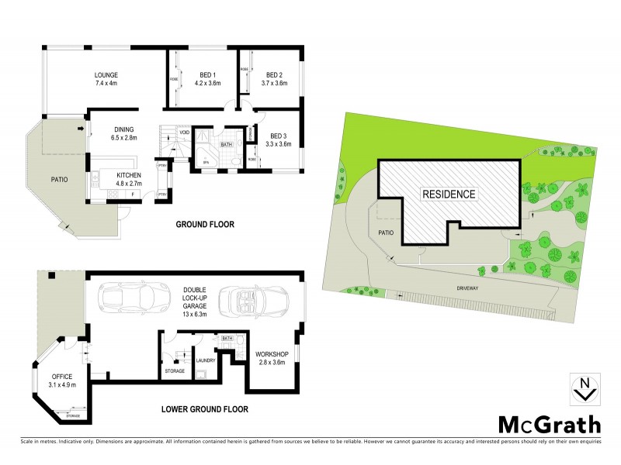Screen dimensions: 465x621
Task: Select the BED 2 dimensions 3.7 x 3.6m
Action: coord(274,84)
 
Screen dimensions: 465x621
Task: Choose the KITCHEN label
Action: coord(128,176)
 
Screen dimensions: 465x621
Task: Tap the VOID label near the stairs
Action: coord(184,133)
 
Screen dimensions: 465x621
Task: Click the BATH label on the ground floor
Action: coord(226,144)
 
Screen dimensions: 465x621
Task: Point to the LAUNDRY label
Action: coord(205,360)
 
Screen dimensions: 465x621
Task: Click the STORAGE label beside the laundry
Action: coord(175,371)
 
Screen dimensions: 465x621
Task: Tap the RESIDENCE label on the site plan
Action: coord(449,194)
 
